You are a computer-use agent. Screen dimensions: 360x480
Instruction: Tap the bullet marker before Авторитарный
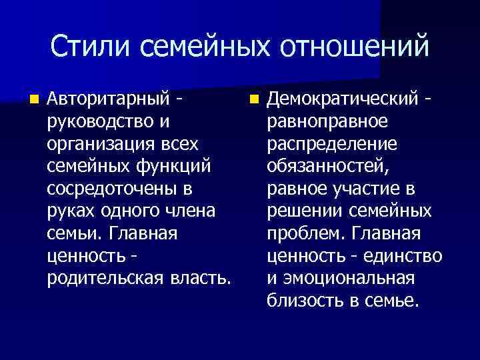[33, 100]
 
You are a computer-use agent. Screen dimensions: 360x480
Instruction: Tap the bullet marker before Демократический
[253, 100]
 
